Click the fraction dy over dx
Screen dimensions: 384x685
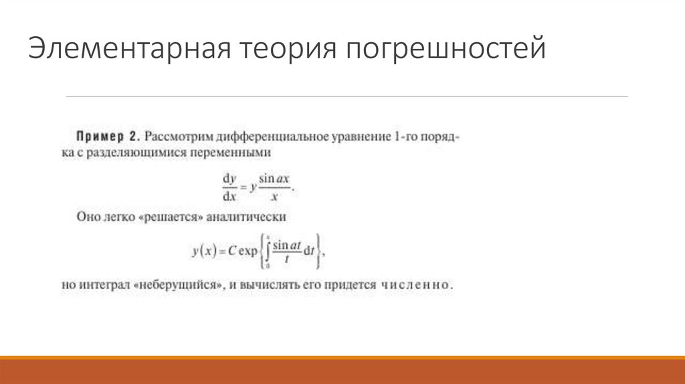tap(229, 187)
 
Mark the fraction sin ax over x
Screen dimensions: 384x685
tap(276, 187)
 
